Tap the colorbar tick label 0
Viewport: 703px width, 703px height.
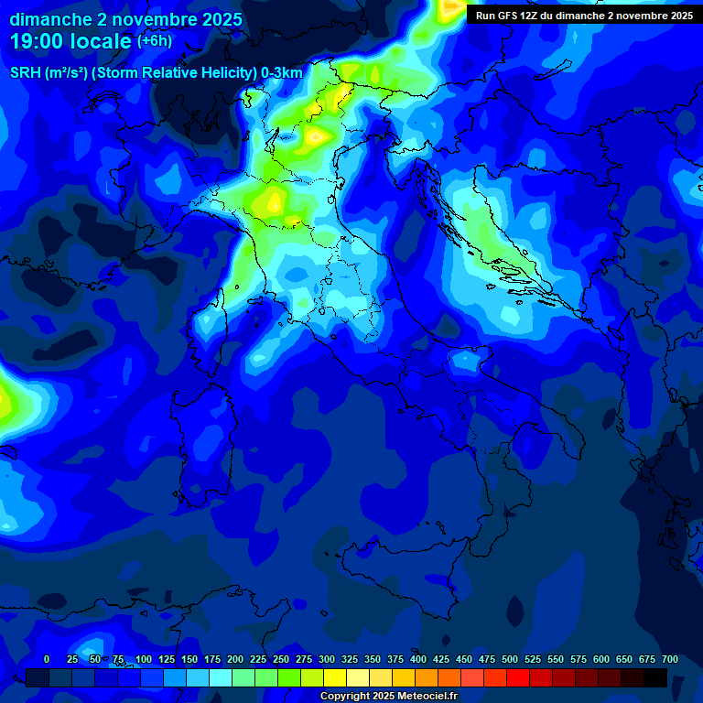click(47, 659)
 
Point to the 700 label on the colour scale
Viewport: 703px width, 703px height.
click(670, 659)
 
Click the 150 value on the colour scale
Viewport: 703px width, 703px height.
click(189, 659)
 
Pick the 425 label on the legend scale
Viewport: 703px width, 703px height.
click(441, 659)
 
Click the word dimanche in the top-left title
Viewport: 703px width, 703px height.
click(51, 19)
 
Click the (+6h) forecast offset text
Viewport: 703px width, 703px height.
click(155, 41)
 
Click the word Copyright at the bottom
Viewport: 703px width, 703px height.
click(344, 697)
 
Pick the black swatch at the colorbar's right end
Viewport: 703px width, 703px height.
click(655, 677)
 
